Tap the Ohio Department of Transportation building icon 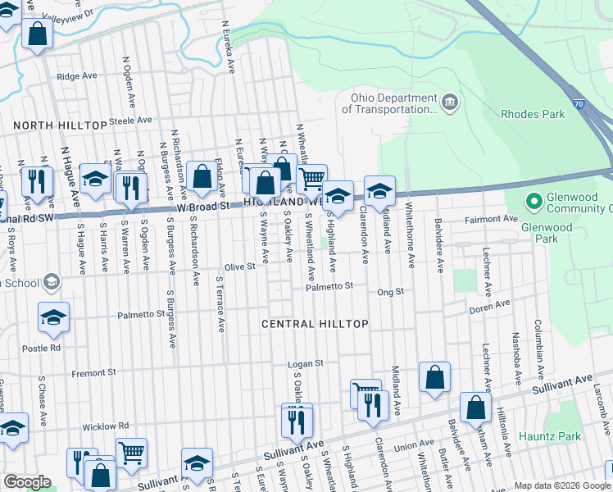tap(449, 102)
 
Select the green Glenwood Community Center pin tap(534, 201)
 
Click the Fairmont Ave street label tap(492, 219)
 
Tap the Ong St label tap(390, 291)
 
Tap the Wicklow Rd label tap(105, 426)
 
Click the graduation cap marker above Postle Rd tap(53, 319)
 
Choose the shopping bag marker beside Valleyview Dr tap(37, 34)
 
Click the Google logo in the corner tap(27, 482)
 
